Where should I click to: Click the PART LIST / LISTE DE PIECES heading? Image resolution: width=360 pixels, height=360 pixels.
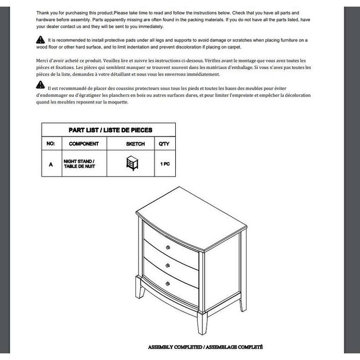click(111, 130)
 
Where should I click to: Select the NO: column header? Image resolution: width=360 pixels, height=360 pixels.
click(51, 144)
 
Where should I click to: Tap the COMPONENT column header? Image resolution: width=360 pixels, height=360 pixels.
click(84, 144)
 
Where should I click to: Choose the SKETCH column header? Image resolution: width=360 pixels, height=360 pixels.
click(135, 144)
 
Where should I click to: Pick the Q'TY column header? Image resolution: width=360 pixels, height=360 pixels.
click(164, 144)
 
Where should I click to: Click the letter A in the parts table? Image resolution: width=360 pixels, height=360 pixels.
click(51, 164)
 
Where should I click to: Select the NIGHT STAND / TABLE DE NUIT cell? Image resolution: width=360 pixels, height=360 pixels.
click(79, 164)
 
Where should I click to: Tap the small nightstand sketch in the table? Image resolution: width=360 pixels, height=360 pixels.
click(132, 163)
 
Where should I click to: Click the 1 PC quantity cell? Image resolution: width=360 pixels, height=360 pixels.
click(164, 164)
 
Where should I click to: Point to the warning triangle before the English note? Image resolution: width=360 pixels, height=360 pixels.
click(41, 40)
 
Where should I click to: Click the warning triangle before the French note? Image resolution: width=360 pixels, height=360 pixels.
click(41, 86)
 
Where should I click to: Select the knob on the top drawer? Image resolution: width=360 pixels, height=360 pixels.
click(168, 248)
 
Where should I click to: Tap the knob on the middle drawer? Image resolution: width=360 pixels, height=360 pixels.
click(168, 266)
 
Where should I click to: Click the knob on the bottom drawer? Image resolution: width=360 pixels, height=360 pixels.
click(168, 283)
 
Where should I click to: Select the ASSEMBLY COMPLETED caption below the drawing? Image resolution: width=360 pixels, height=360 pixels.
click(205, 347)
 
